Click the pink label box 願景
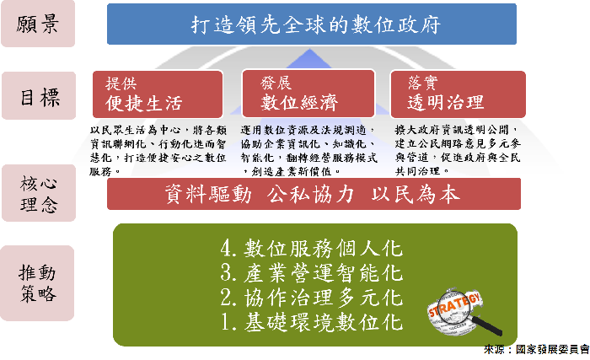[x=38, y=24]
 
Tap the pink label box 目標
[x=39, y=95]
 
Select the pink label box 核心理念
[x=39, y=193]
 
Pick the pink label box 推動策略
[x=37, y=283]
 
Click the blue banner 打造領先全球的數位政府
[x=312, y=24]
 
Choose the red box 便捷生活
[x=158, y=94]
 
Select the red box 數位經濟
[x=308, y=94]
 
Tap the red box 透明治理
[x=458, y=94]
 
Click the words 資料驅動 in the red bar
[x=208, y=194]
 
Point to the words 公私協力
[x=310, y=194]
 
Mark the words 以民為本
[x=416, y=194]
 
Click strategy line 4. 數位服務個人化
[x=312, y=249]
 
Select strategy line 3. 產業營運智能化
[x=312, y=273]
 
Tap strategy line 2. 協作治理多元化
[x=312, y=298]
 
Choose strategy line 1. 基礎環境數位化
[x=312, y=323]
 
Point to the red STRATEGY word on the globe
[x=454, y=304]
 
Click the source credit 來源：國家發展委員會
[x=537, y=349]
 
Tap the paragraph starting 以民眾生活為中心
[x=158, y=151]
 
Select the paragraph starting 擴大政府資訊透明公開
[x=458, y=151]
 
